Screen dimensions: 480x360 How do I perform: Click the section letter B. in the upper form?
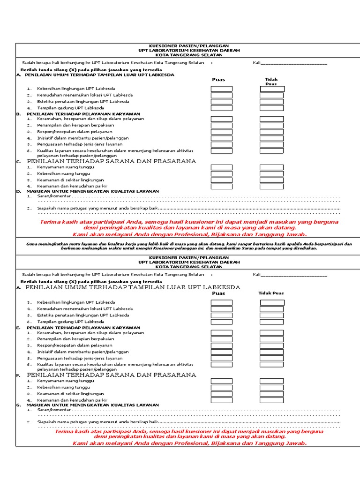[x=18, y=114]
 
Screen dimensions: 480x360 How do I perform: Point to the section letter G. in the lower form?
[x=18, y=405]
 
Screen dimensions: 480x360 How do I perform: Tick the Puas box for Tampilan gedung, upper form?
[x=221, y=108]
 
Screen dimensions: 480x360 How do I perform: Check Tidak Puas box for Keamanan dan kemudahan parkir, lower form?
[x=272, y=400]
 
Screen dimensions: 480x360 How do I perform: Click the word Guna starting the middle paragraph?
[x=32, y=244]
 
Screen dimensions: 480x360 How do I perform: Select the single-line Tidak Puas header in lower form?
[x=271, y=293]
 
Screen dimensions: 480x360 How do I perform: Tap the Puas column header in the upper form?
[x=218, y=80]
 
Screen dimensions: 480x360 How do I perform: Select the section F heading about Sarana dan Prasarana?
[x=111, y=375]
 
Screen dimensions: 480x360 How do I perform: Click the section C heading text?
[x=111, y=161]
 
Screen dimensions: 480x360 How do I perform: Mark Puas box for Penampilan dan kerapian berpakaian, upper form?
[x=221, y=126]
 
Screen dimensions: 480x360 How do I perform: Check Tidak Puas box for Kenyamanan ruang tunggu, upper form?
[x=272, y=167]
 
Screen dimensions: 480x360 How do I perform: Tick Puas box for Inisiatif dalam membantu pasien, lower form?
[x=221, y=352]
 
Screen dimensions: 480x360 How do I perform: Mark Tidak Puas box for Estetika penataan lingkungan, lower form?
[x=272, y=315]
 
